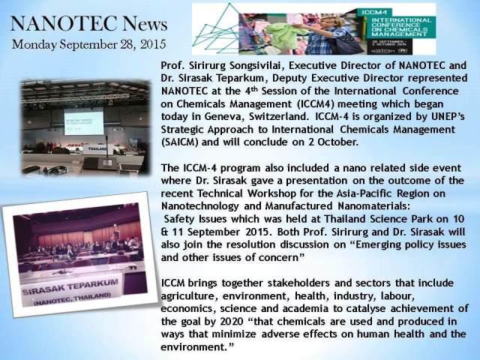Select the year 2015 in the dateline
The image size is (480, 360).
153,44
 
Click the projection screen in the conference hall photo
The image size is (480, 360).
83,123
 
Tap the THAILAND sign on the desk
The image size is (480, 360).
97,148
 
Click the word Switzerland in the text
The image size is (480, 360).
277,117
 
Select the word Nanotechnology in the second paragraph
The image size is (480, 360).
199,206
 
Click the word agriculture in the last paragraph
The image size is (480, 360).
189,297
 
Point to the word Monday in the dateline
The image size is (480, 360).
34,45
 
